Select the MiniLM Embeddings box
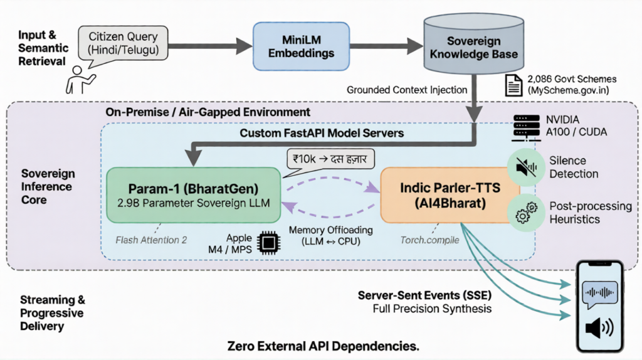[293, 46]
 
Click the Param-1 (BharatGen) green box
[194, 194]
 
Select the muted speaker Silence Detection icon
[525, 166]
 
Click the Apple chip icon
[270, 243]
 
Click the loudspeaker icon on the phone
[599, 328]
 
